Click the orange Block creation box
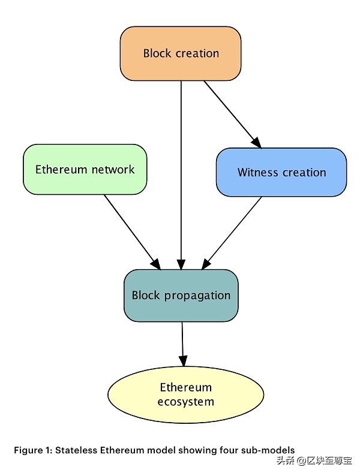(x=180, y=54)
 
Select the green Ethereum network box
(x=85, y=169)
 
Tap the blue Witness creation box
(x=281, y=172)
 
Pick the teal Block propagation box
(x=181, y=295)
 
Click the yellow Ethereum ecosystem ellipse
(x=185, y=394)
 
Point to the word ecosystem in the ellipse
(x=185, y=402)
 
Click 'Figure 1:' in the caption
(x=33, y=450)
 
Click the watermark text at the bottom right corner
(x=314, y=461)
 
